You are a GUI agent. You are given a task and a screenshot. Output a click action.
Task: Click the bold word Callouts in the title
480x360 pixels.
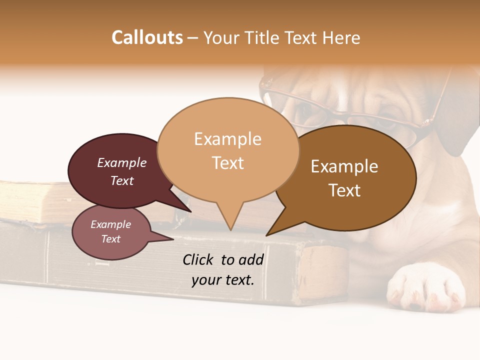(147, 37)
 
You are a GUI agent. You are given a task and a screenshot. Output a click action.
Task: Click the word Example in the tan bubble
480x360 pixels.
(228, 139)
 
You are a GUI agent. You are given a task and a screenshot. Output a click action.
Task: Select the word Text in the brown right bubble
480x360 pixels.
(344, 190)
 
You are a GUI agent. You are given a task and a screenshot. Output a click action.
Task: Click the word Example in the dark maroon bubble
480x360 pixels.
(121, 163)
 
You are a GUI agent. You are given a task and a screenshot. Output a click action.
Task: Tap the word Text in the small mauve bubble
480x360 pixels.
(110, 239)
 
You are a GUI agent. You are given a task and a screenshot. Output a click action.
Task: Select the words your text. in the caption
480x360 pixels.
(223, 280)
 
